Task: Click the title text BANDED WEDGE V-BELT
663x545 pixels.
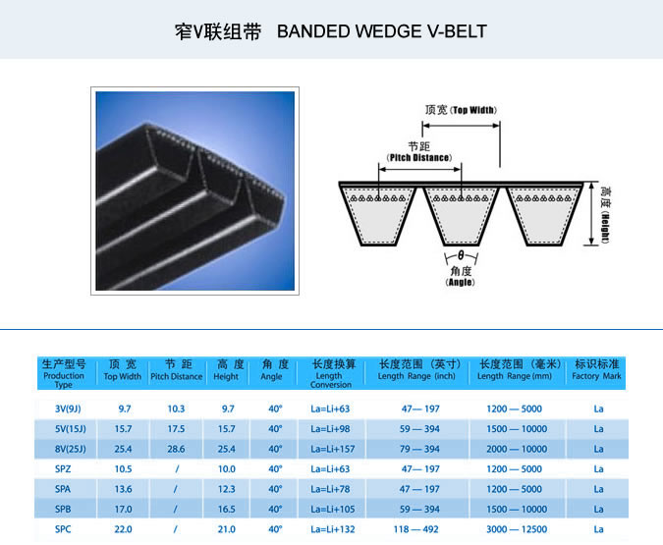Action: [382, 31]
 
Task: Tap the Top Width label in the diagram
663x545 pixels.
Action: [461, 110]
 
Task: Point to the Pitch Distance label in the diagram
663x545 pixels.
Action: [419, 152]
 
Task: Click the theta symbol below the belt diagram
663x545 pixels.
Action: [461, 255]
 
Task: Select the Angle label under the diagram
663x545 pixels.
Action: [460, 277]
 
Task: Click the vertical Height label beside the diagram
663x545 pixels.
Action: [605, 215]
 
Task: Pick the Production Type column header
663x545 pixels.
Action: [64, 374]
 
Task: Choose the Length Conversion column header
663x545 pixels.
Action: [332, 374]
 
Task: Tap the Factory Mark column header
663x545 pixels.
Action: [596, 370]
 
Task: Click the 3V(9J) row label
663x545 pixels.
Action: [68, 409]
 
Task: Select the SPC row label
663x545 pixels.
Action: [63, 529]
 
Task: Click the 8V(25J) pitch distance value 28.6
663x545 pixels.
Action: [176, 449]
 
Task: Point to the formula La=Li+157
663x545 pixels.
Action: [333, 449]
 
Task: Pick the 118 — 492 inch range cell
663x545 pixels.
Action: [416, 529]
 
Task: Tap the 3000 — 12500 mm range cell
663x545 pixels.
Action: [517, 529]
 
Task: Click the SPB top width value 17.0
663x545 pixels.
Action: [123, 509]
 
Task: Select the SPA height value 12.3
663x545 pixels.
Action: [226, 489]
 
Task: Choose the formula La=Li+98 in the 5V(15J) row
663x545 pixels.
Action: [330, 429]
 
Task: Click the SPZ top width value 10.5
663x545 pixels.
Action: [123, 468]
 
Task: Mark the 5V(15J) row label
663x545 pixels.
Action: [70, 429]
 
